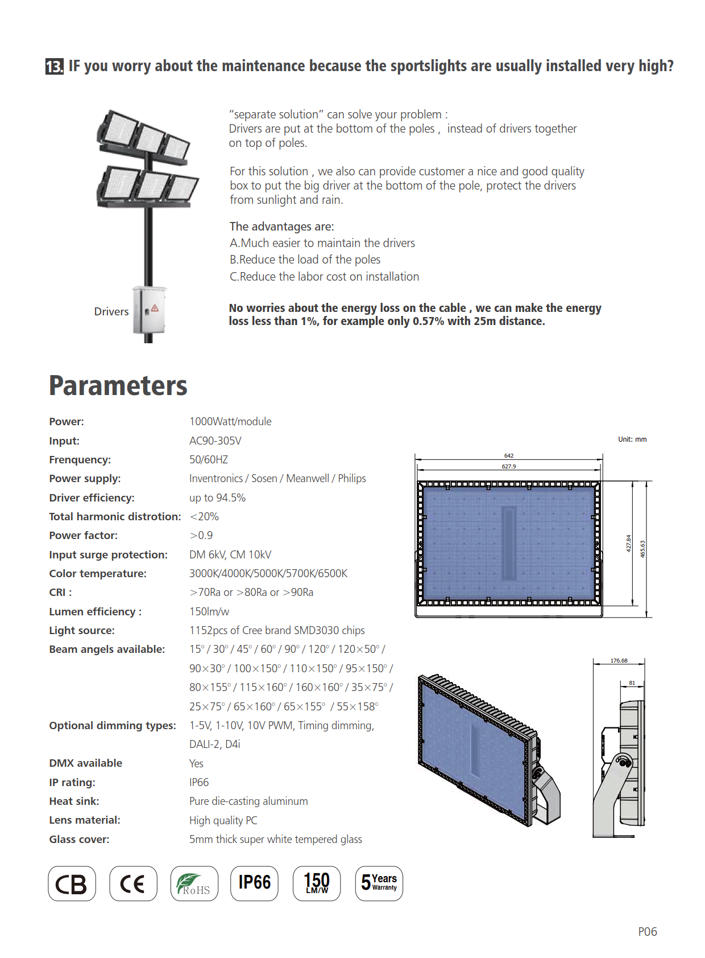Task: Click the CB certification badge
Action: tap(72, 883)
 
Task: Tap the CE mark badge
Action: tap(133, 883)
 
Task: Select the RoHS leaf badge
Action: tap(194, 883)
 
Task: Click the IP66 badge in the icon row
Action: tap(254, 883)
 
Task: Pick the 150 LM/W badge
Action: tap(317, 883)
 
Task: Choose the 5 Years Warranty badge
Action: tap(379, 883)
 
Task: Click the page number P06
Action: tap(647, 932)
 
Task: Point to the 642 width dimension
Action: tap(508, 455)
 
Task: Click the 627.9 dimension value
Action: tap(508, 466)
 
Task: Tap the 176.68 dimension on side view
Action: tap(619, 660)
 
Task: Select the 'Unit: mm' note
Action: tap(632, 439)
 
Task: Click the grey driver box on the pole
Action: tap(149, 310)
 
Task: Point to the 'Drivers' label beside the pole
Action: tap(111, 312)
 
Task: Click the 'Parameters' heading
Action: tap(118, 386)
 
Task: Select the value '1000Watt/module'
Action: tap(230, 422)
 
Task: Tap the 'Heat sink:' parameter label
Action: tap(74, 801)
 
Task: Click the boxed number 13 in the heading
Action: tap(54, 67)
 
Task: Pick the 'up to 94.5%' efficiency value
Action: tap(217, 498)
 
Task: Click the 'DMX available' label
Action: tap(85, 763)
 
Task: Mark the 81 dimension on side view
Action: tap(632, 682)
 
